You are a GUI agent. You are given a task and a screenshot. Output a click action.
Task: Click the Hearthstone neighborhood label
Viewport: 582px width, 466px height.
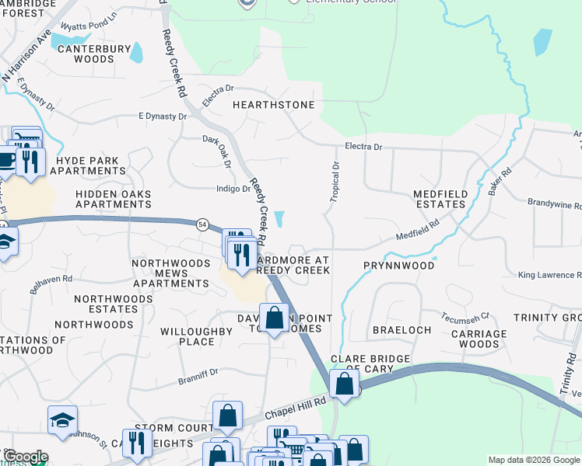pyautogui.click(x=273, y=105)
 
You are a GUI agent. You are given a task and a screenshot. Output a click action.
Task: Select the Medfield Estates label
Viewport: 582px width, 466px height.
pyautogui.click(x=429, y=199)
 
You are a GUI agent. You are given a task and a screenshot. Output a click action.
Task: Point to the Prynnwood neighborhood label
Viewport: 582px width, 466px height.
pyautogui.click(x=398, y=266)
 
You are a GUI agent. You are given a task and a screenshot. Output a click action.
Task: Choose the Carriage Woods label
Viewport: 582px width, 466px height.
pyautogui.click(x=479, y=339)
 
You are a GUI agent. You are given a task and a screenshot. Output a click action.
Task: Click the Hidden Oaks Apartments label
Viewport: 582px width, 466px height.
pyautogui.click(x=113, y=199)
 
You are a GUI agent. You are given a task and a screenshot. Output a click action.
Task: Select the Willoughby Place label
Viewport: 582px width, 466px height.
pyautogui.click(x=197, y=336)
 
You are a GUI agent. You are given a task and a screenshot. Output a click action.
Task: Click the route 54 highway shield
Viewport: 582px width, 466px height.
pyautogui.click(x=202, y=224)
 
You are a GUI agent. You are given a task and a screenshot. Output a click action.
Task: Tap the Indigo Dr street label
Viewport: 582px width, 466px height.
pyautogui.click(x=232, y=189)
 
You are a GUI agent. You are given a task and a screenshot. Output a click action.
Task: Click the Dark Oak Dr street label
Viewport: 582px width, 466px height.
pyautogui.click(x=217, y=151)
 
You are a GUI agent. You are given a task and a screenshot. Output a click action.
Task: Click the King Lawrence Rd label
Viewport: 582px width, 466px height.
pyautogui.click(x=549, y=276)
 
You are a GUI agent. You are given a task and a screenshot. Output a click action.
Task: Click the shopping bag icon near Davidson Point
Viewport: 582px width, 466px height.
pyautogui.click(x=274, y=318)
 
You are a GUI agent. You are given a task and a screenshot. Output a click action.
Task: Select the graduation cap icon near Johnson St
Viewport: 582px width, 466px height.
pyautogui.click(x=62, y=420)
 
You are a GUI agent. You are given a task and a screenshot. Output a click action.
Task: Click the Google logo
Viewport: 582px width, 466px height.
pyautogui.click(x=25, y=457)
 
